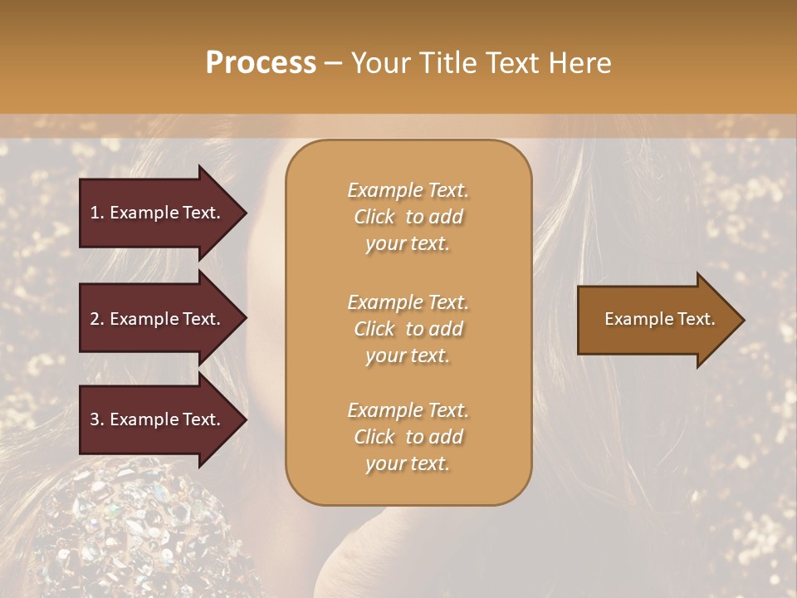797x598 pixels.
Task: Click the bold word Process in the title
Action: (261, 63)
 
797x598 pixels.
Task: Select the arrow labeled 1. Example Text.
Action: (158, 213)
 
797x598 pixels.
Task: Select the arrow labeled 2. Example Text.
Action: (158, 319)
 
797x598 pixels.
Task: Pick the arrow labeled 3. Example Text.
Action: (158, 419)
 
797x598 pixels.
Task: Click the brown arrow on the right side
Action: (656, 319)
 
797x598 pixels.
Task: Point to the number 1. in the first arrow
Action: (97, 213)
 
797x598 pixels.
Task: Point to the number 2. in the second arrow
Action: (97, 319)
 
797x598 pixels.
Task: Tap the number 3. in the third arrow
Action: (97, 419)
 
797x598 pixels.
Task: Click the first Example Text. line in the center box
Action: (408, 190)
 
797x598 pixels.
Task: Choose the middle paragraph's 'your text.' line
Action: (408, 355)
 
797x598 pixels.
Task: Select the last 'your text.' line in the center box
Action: (408, 463)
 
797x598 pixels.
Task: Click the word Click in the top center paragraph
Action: (374, 217)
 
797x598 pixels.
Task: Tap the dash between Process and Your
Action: (334, 63)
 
